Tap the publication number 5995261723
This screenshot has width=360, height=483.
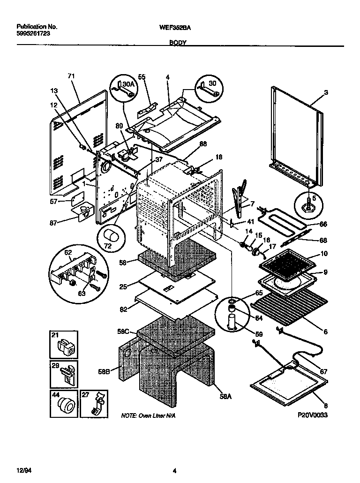33,34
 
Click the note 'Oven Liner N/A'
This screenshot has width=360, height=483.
149,416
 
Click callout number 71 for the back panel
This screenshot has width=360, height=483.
71,76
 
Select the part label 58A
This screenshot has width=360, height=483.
225,396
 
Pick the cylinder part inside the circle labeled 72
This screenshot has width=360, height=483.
112,235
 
